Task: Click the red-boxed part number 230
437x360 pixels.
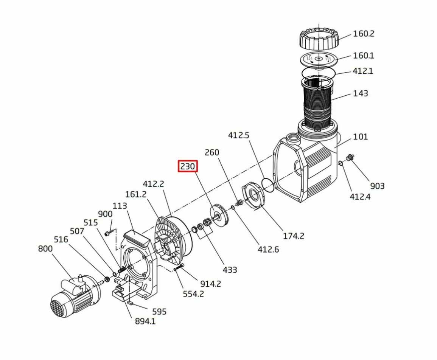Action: (x=188, y=166)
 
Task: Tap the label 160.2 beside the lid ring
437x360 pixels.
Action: (x=364, y=34)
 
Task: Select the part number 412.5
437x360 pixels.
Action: (x=239, y=135)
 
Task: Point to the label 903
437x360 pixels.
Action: (x=377, y=186)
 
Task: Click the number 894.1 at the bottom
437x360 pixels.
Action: (x=145, y=321)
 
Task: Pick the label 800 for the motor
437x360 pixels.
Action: (x=45, y=248)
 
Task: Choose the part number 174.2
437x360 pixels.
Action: (x=294, y=236)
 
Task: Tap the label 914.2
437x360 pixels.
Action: (x=210, y=284)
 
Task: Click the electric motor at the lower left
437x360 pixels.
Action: (x=76, y=296)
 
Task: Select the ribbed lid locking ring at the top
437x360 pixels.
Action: (x=319, y=37)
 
